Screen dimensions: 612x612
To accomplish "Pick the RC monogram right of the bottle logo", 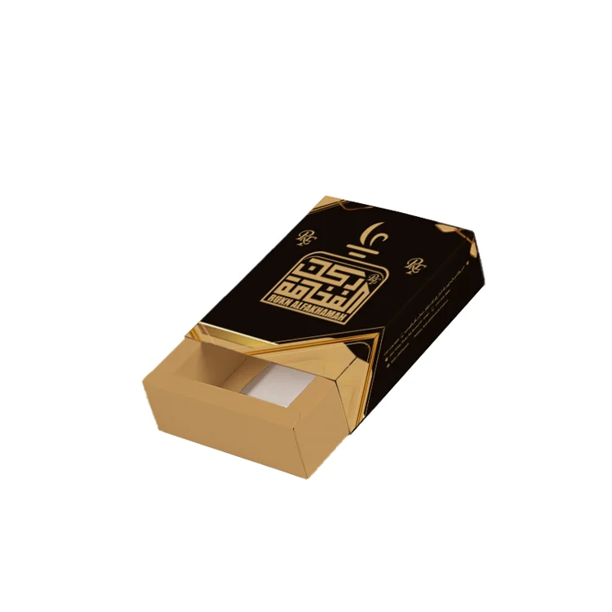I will [415, 265].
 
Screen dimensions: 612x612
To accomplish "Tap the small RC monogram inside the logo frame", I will [372, 278].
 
